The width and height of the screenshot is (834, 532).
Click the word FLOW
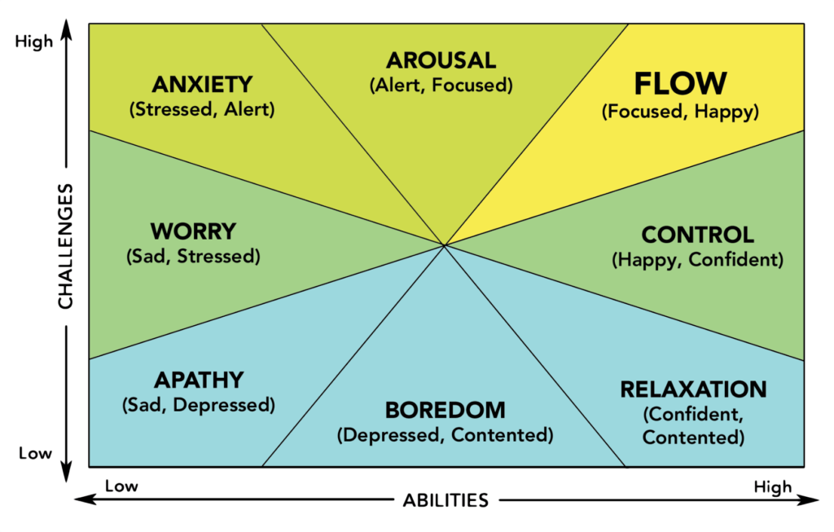tap(680, 83)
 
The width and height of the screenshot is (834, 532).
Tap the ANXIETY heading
tap(202, 85)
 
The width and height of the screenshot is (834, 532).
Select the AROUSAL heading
tap(441, 60)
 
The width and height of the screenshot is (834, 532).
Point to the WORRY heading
tap(193, 231)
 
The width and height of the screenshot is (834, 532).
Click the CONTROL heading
tap(697, 235)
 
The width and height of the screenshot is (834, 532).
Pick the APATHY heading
tap(198, 380)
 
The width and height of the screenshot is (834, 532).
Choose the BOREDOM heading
tap(445, 410)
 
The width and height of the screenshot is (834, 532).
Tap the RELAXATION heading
tap(693, 389)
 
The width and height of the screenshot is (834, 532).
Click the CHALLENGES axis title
tap(65, 245)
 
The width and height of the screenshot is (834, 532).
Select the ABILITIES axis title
tap(445, 500)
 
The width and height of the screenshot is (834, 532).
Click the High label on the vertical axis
tap(33, 41)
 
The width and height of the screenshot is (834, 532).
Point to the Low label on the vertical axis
tap(35, 453)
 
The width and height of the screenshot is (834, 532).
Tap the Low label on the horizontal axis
tap(121, 487)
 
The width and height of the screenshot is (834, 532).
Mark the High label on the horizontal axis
tap(772, 487)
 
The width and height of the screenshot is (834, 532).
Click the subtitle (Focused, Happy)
tap(680, 112)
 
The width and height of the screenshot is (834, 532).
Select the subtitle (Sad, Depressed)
tap(198, 405)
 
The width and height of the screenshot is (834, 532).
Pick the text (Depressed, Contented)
tap(445, 435)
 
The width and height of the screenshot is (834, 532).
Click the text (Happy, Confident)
tap(697, 261)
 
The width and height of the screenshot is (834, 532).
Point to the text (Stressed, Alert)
tap(202, 110)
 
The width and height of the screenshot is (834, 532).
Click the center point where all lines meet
tap(445, 244)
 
